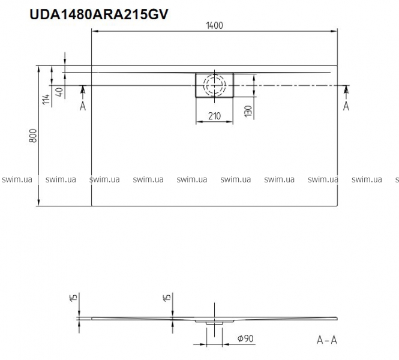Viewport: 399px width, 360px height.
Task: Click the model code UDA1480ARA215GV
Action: (x=99, y=14)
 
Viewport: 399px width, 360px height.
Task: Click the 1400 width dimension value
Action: (x=214, y=25)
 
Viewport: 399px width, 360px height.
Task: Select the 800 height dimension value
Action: (x=33, y=136)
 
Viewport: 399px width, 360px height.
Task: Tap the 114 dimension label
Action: (x=46, y=99)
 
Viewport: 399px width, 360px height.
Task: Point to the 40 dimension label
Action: (x=59, y=92)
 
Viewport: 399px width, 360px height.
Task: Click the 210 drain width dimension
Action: (x=214, y=116)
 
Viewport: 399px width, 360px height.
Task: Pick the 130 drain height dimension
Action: (x=248, y=112)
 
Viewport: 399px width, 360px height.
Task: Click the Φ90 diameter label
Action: (x=245, y=338)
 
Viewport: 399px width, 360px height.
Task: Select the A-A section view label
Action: (x=327, y=340)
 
